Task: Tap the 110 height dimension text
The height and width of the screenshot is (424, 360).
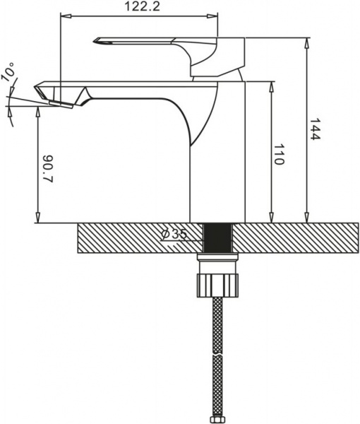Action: [279, 154]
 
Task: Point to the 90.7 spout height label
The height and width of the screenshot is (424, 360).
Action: [48, 168]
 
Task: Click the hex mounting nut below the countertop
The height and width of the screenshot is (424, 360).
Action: [218, 282]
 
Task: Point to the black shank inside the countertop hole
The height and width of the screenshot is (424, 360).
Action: [218, 237]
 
